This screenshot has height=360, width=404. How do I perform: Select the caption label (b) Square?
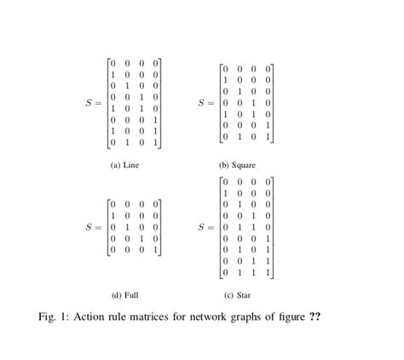[x=237, y=165]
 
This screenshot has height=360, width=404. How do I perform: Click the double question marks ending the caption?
[x=314, y=317]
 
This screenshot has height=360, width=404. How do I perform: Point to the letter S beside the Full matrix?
[x=89, y=228]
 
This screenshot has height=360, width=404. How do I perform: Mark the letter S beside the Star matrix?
[x=201, y=228]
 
